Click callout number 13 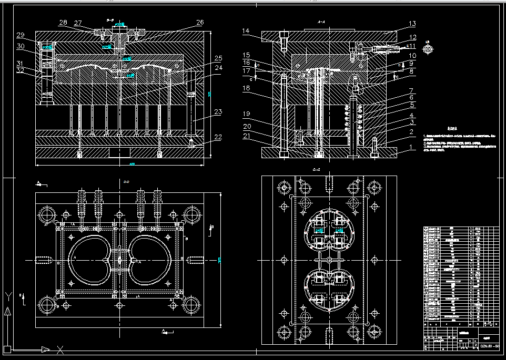click(412, 24)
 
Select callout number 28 click(63, 23)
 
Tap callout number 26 click(200, 23)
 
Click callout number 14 click(246, 31)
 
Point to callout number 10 click(412, 55)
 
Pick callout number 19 click(246, 114)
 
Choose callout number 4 click(412, 115)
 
